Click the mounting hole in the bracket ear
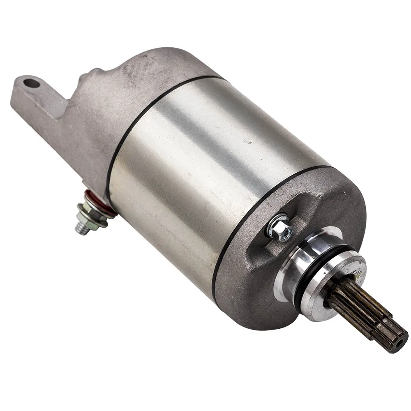pyautogui.click(x=32, y=84)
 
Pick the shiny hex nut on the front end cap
pyautogui.click(x=281, y=227)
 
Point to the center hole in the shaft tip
pyautogui.click(x=397, y=344)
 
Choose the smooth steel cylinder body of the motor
pyautogui.click(x=205, y=164)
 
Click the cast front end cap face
pyautogui.click(x=247, y=279)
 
